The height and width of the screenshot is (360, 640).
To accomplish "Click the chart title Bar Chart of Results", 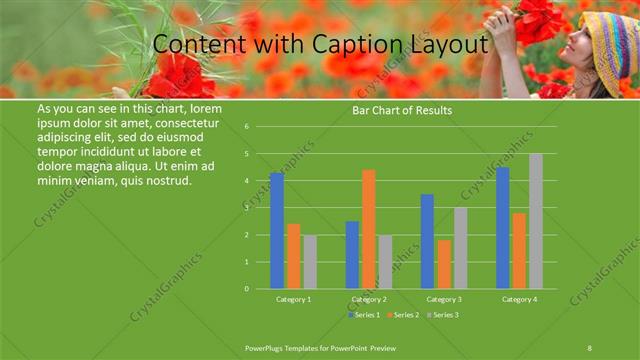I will tap(402, 110).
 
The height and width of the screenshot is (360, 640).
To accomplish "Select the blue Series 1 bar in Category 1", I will tap(277, 231).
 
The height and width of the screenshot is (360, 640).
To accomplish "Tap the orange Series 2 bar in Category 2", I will tap(369, 229).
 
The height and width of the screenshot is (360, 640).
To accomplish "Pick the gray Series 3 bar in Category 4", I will tap(536, 221).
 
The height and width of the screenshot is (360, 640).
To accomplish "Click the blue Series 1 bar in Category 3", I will tap(427, 241).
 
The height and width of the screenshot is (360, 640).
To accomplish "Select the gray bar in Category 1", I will tap(310, 262).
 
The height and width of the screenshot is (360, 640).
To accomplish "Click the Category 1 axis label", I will tap(293, 299).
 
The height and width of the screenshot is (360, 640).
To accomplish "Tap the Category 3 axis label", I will tap(443, 299).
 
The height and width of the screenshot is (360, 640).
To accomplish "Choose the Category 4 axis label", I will tap(519, 299).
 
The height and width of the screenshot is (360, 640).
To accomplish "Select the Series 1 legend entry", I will tap(365, 315).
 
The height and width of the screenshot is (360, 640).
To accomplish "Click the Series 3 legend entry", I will tap(446, 315).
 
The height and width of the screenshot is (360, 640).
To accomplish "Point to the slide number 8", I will tap(589, 347).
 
